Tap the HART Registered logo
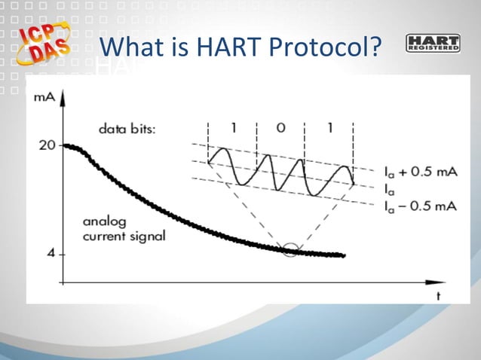(x=432, y=43)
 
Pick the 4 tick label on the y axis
(x=51, y=254)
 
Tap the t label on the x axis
(x=437, y=296)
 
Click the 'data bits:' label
(x=127, y=129)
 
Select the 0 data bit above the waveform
(x=280, y=127)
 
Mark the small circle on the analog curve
(x=290, y=249)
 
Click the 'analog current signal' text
(x=124, y=230)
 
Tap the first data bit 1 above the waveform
(x=234, y=127)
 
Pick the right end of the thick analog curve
(x=344, y=255)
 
